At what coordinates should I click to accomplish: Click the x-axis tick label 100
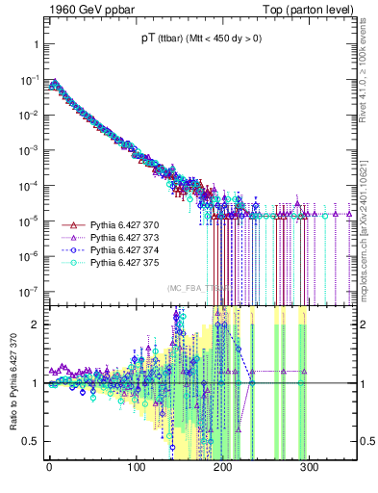[136, 469]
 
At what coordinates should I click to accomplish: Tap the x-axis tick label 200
[223, 469]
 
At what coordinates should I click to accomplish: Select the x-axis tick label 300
[311, 469]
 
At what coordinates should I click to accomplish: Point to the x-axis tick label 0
[49, 469]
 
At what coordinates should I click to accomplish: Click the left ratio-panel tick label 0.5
[30, 442]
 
